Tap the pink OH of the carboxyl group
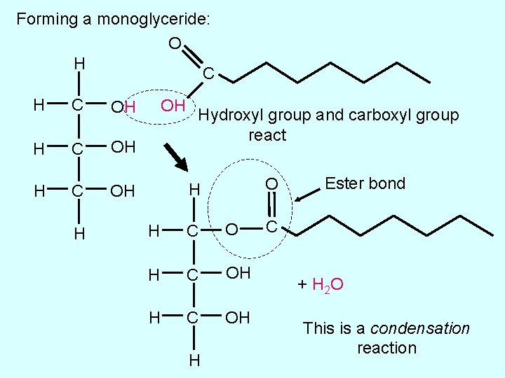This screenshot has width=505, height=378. tap(173, 106)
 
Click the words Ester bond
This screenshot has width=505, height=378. tap(365, 183)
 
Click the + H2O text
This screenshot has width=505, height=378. tap(319, 285)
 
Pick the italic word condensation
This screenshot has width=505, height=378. tap(420, 328)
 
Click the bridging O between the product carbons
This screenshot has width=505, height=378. tap(232, 229)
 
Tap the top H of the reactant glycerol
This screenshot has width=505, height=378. tap(80, 64)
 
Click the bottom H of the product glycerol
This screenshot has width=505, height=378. tap(194, 360)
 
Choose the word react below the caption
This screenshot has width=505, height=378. tap(267, 134)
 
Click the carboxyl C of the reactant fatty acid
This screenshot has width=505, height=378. tap(208, 73)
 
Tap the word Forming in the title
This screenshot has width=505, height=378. tap(46, 19)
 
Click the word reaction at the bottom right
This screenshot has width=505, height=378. tap(386, 348)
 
